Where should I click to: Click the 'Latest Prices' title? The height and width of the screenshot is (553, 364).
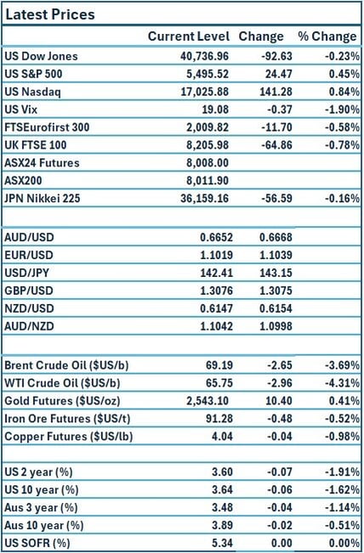point(50,14)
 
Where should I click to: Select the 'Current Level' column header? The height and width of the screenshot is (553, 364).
point(188,37)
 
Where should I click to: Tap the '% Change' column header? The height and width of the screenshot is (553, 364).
point(327,37)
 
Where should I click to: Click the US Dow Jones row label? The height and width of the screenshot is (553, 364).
point(41,57)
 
